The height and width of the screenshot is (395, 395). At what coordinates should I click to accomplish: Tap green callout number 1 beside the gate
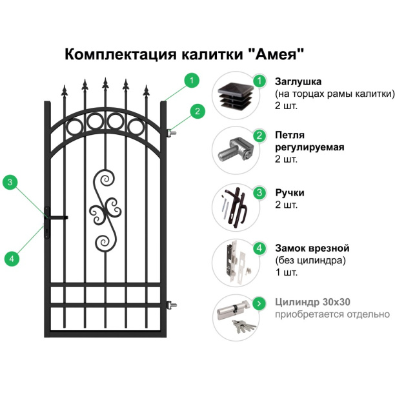coord(190,81)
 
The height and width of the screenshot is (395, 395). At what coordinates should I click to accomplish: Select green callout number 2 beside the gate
coord(197,111)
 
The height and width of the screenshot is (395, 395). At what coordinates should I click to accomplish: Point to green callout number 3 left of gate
coord(10,182)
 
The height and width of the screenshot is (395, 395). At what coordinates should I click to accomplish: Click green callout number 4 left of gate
coord(10,258)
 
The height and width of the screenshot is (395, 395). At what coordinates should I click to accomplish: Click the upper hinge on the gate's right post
coord(172,133)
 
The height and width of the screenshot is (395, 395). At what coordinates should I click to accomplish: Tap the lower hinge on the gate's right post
coord(172,303)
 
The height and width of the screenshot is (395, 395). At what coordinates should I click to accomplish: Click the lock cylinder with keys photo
coord(235,316)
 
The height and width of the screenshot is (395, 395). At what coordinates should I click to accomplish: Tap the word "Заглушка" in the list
coord(298,81)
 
